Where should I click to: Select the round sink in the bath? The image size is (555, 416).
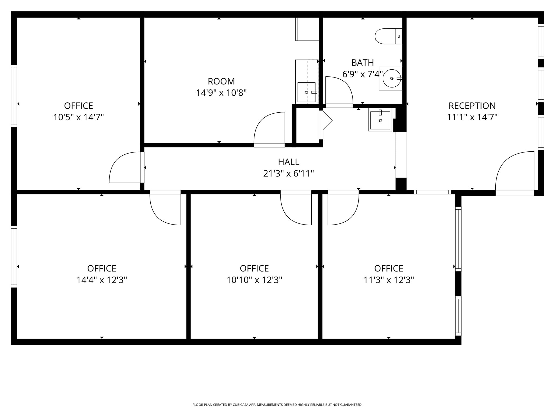391,78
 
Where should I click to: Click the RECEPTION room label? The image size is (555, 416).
472,106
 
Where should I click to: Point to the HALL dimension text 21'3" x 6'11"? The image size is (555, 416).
288,173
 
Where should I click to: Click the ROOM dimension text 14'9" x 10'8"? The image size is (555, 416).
221,93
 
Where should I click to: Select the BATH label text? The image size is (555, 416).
362,63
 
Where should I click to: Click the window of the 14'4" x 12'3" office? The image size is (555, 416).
14,256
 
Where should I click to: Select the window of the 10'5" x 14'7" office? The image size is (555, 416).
14,96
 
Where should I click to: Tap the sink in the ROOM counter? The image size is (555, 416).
306,92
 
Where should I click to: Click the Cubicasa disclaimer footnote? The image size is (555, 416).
277,405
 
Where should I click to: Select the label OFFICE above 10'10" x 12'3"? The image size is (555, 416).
254,268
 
